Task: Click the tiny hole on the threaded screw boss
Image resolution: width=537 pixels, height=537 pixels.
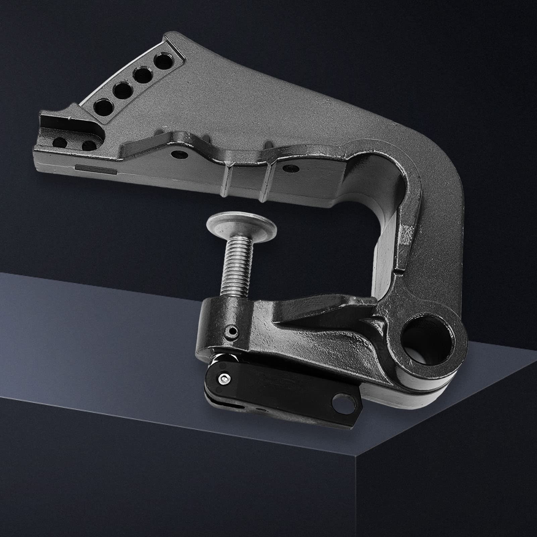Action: tap(231, 330)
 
